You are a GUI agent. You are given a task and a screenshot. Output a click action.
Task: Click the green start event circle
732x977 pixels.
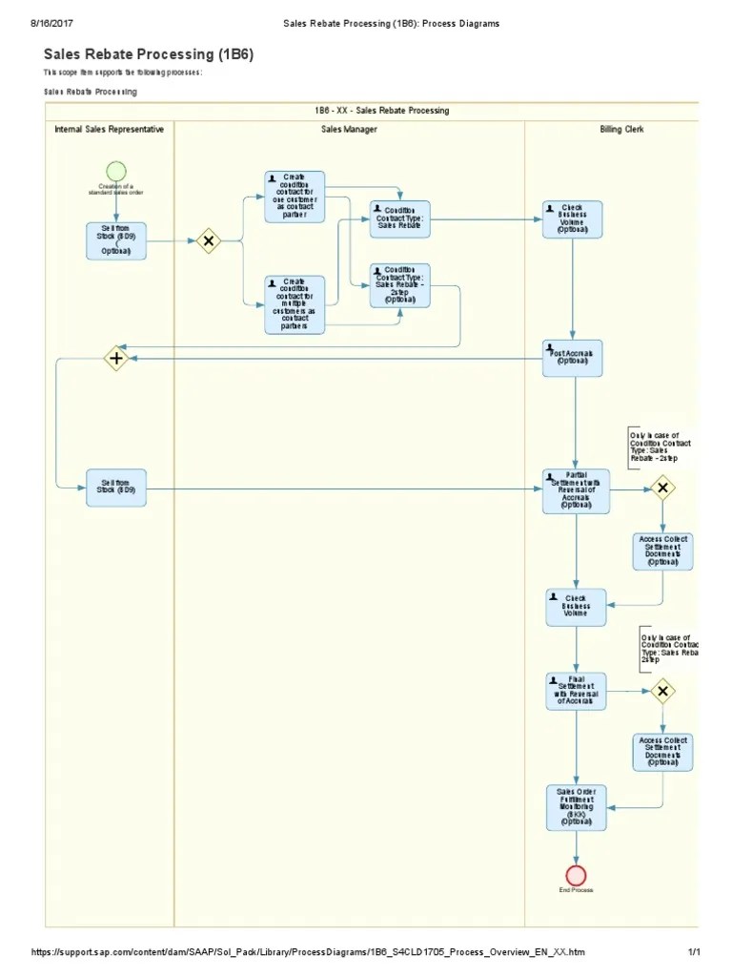click(116, 171)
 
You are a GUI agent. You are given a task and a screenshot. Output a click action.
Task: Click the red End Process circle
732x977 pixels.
click(576, 875)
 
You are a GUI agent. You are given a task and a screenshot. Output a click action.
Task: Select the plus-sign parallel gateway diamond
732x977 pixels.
click(116, 359)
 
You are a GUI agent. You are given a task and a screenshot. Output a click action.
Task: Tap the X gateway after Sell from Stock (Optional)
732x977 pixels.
click(208, 241)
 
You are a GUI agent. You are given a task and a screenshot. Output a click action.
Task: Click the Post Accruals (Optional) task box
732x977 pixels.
click(572, 358)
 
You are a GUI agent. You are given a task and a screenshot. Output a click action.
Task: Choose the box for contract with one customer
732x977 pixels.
click(295, 197)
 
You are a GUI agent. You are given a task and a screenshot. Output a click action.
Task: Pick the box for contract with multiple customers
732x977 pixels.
click(295, 304)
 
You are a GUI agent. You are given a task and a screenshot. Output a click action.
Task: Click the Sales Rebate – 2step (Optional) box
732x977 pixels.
click(399, 285)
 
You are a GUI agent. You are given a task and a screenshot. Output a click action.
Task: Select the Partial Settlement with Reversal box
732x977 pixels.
click(576, 490)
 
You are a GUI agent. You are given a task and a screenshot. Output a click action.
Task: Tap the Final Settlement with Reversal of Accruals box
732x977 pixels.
click(576, 692)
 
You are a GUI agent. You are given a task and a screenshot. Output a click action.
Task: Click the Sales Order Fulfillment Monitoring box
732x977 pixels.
click(576, 807)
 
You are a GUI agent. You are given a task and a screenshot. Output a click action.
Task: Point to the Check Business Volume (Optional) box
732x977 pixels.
click(572, 219)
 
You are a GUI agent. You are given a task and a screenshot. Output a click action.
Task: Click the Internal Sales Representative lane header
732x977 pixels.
click(109, 129)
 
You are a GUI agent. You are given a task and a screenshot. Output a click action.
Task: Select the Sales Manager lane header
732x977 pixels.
click(349, 129)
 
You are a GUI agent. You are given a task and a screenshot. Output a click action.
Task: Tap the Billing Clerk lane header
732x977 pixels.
click(621, 129)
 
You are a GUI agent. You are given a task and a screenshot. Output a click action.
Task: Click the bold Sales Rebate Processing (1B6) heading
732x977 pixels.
click(149, 54)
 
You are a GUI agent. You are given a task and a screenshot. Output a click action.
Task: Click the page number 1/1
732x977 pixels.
click(694, 953)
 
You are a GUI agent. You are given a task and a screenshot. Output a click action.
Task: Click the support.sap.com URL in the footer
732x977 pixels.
click(308, 953)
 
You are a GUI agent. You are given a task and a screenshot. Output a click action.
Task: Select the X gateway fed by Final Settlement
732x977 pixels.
click(662, 692)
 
